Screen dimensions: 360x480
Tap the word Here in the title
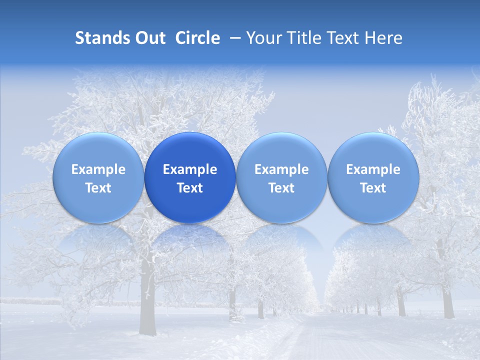coord(384,38)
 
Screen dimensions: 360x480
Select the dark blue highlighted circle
coord(190,177)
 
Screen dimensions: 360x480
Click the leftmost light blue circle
coord(98,177)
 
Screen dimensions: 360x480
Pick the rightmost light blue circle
coord(373,177)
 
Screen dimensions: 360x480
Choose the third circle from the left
coord(281,177)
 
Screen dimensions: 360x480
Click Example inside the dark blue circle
coord(190,169)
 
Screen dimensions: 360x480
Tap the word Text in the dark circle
coord(190,188)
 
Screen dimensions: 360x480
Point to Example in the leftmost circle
coord(98,169)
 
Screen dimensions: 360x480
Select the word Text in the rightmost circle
coord(373,188)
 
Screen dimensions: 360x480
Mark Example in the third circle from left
coord(281,169)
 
